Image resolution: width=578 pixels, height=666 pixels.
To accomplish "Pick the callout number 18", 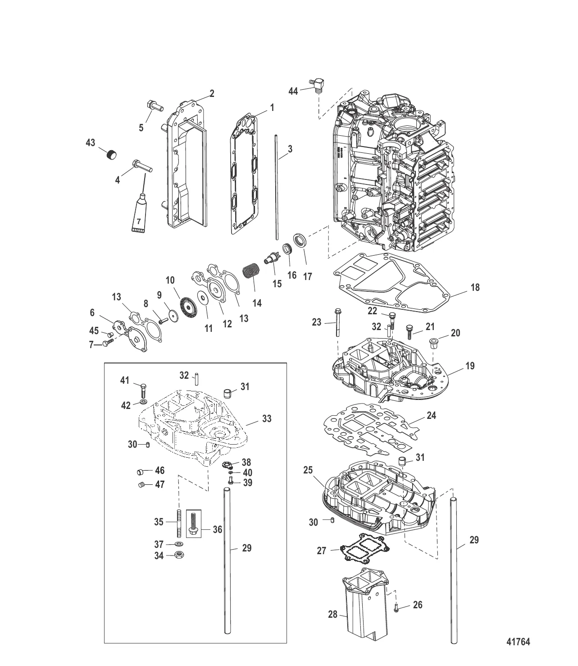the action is pyautogui.click(x=475, y=287).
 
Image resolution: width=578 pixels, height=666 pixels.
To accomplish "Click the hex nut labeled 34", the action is pyautogui.click(x=179, y=554).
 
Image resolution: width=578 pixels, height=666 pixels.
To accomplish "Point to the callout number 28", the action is pyautogui.click(x=332, y=614).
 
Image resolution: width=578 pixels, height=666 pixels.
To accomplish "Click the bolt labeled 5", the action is pyautogui.click(x=155, y=106).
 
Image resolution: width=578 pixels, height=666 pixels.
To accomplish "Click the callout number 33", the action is pyautogui.click(x=267, y=418).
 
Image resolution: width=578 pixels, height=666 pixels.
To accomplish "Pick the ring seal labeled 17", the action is pyautogui.click(x=300, y=240).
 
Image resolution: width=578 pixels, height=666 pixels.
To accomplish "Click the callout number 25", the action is pyautogui.click(x=308, y=470).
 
